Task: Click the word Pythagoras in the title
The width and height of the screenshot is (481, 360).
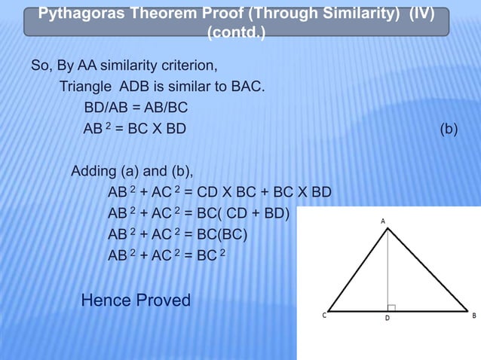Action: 78,15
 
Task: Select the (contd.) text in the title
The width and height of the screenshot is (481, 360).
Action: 235,33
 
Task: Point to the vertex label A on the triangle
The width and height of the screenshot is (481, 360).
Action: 383,220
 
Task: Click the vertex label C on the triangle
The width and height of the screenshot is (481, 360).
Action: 324,316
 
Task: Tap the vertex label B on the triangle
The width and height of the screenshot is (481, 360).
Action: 473,316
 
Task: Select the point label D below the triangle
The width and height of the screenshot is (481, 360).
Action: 388,319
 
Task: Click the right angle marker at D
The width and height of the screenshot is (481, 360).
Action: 391,307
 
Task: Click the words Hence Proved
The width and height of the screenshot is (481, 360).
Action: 136,301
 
